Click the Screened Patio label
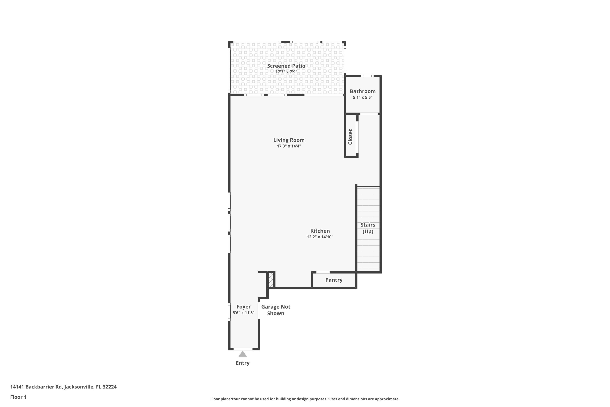(x=286, y=66)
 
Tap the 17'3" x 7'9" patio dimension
(x=286, y=72)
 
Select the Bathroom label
(x=363, y=91)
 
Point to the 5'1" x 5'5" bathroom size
(x=363, y=97)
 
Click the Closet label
(x=350, y=137)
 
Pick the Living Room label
(x=289, y=140)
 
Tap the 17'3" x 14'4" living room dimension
(x=289, y=146)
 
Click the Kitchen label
(x=320, y=231)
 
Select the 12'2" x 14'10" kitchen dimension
(x=320, y=237)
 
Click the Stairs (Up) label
(x=368, y=228)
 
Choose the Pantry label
(x=334, y=280)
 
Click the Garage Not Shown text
(x=276, y=310)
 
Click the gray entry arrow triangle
(x=243, y=354)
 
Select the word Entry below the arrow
(x=243, y=363)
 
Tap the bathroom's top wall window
(x=367, y=76)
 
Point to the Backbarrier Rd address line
(x=63, y=387)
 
